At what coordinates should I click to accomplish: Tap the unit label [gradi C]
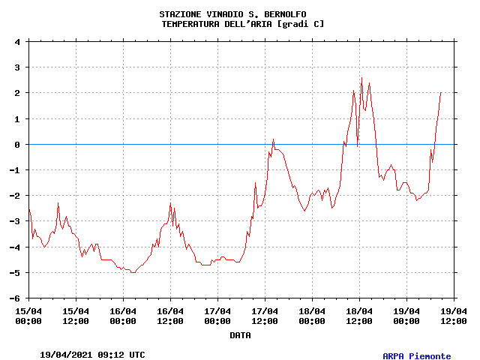tap(301, 24)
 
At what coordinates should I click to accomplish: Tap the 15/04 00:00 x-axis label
tap(28, 316)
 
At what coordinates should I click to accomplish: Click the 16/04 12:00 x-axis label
tap(170, 316)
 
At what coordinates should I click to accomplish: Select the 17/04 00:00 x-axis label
tap(217, 316)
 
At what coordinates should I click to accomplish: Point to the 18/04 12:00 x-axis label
tap(359, 316)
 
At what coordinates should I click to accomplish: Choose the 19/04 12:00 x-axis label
tap(453, 316)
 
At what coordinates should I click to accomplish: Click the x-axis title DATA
tap(240, 335)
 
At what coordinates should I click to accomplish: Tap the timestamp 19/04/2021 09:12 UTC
tap(92, 355)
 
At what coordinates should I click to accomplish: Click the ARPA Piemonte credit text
tap(417, 356)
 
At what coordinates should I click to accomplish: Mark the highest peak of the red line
tap(361, 77)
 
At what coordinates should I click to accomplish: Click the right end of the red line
tap(440, 92)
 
